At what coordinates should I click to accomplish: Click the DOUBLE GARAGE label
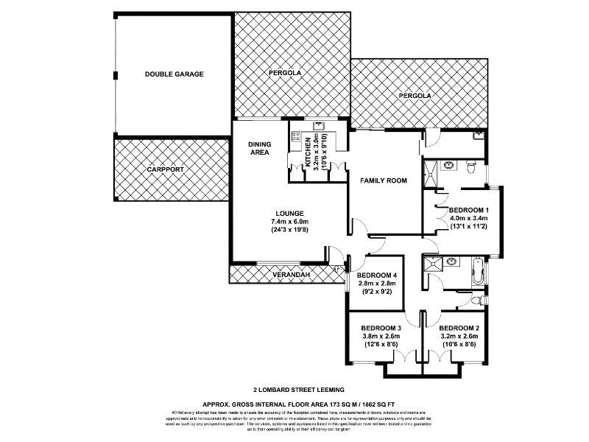174,74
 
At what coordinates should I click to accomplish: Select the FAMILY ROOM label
383,180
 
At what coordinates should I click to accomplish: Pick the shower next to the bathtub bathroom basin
429,263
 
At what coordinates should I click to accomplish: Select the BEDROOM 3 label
381,328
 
